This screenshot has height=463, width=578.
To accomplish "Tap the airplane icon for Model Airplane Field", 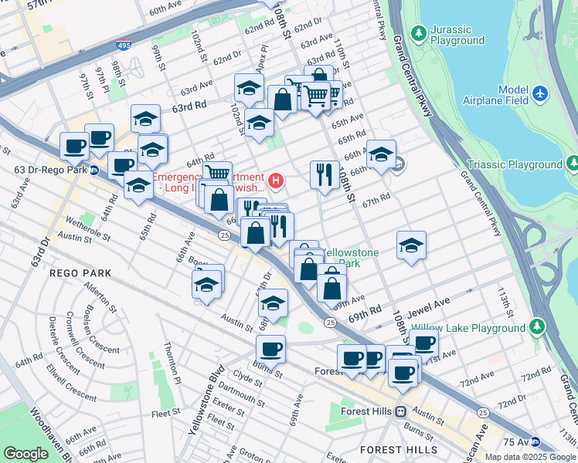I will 540,93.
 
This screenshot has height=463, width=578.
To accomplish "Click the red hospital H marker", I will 274,181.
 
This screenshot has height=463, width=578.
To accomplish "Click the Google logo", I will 25,454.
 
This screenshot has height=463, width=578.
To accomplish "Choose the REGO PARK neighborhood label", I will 80,273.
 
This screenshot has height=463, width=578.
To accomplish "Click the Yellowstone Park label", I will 349,258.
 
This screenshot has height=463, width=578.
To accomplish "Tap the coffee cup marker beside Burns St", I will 270,350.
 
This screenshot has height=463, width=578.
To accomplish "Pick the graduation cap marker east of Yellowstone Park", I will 412,245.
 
